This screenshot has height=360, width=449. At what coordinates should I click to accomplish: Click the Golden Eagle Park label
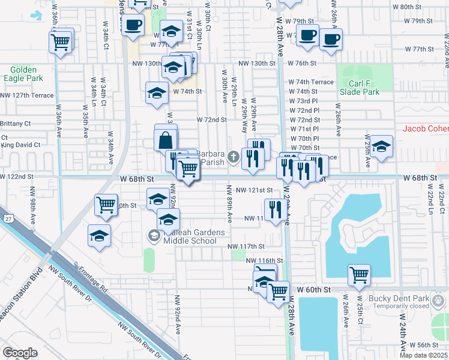point(23,74)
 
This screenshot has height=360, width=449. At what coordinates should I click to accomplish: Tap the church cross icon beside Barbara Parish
point(234,158)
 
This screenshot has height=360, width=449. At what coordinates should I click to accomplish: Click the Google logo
point(20,352)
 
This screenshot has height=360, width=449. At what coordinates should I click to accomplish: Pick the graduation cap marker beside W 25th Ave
point(381,147)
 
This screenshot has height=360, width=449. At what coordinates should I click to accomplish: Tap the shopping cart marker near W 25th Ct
point(359,275)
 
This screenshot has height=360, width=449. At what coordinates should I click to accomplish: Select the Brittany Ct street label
point(15,124)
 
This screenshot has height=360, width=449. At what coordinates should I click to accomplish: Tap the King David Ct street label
point(20,145)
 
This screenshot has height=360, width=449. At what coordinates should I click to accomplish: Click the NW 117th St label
point(246,247)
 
